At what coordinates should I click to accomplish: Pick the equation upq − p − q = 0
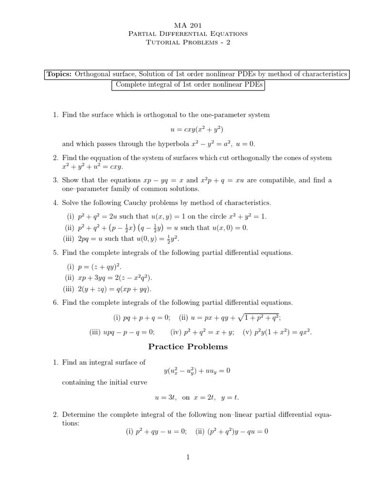[x=132, y=332]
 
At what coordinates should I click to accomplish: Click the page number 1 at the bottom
[x=188, y=458]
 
